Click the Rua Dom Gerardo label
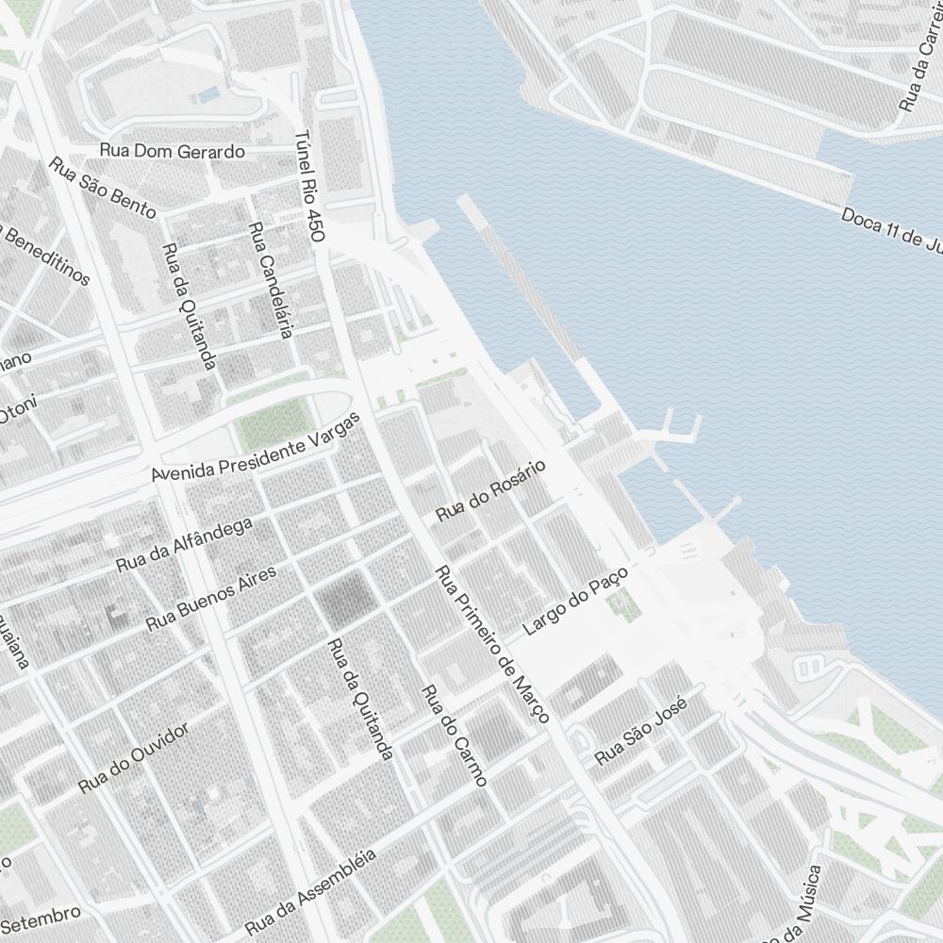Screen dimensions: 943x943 pos(173,151)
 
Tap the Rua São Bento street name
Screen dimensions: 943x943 pos(102,189)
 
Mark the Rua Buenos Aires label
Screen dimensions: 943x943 pos(211,600)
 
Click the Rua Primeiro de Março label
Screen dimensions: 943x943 pos(492,644)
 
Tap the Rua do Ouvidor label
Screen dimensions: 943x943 pos(134,757)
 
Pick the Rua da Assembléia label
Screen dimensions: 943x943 pos(310,891)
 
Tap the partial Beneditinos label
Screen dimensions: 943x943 pos(47,255)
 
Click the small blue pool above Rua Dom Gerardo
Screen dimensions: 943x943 pos(209,93)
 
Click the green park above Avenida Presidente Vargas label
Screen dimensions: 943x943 pos(273,423)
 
